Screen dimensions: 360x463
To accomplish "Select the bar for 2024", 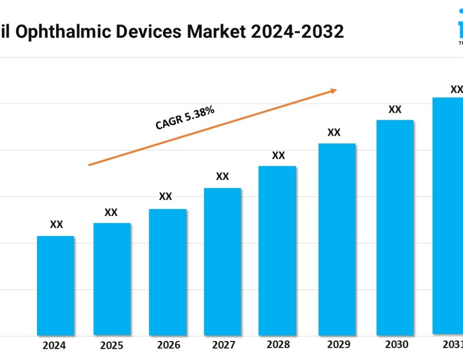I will coord(56,285).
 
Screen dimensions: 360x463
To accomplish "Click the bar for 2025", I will coord(112,279).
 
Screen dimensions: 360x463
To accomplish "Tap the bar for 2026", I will coord(168,272).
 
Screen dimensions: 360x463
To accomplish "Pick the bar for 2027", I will coord(222,261).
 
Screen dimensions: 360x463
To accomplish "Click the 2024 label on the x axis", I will coord(55,345).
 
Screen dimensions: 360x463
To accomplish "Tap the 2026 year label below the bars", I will coord(168,345).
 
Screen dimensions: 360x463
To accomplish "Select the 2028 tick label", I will coord(278,345).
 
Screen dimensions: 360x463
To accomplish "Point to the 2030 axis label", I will coord(396,345).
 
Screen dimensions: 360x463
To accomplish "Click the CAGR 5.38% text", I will coord(185,118).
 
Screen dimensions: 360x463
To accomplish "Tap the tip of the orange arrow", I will coord(336,90).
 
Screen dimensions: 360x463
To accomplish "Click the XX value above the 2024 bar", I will coord(57,225).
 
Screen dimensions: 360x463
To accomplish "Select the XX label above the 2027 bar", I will coord(222,176).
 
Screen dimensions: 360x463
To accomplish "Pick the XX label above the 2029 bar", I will coord(334,132).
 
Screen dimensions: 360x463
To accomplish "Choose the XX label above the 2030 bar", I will coord(395,109).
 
